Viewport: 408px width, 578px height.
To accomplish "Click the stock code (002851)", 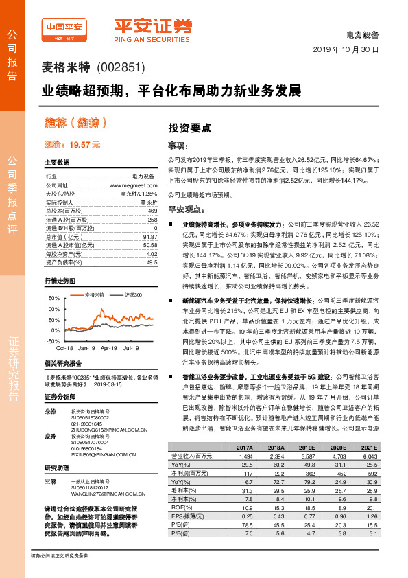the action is point(122,69).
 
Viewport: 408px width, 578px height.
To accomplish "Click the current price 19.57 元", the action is point(73,146).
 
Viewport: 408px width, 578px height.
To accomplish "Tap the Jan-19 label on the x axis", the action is point(86,349).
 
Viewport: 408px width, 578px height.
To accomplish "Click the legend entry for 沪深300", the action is point(133,294).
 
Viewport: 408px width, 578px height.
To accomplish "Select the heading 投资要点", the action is point(189,128).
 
